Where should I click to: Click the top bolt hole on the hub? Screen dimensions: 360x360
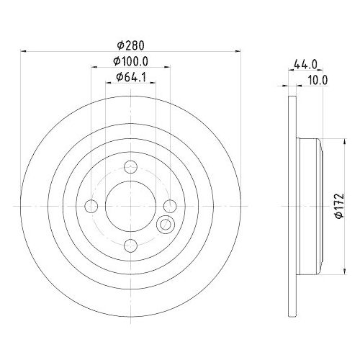click(130, 168)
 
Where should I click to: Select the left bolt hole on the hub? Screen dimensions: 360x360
click(91, 207)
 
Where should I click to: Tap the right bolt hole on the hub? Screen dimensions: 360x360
click(169, 207)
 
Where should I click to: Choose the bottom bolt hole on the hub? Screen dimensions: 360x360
click(130, 246)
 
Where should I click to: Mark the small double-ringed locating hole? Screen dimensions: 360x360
click(166, 225)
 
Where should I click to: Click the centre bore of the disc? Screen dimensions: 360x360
click(130, 207)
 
